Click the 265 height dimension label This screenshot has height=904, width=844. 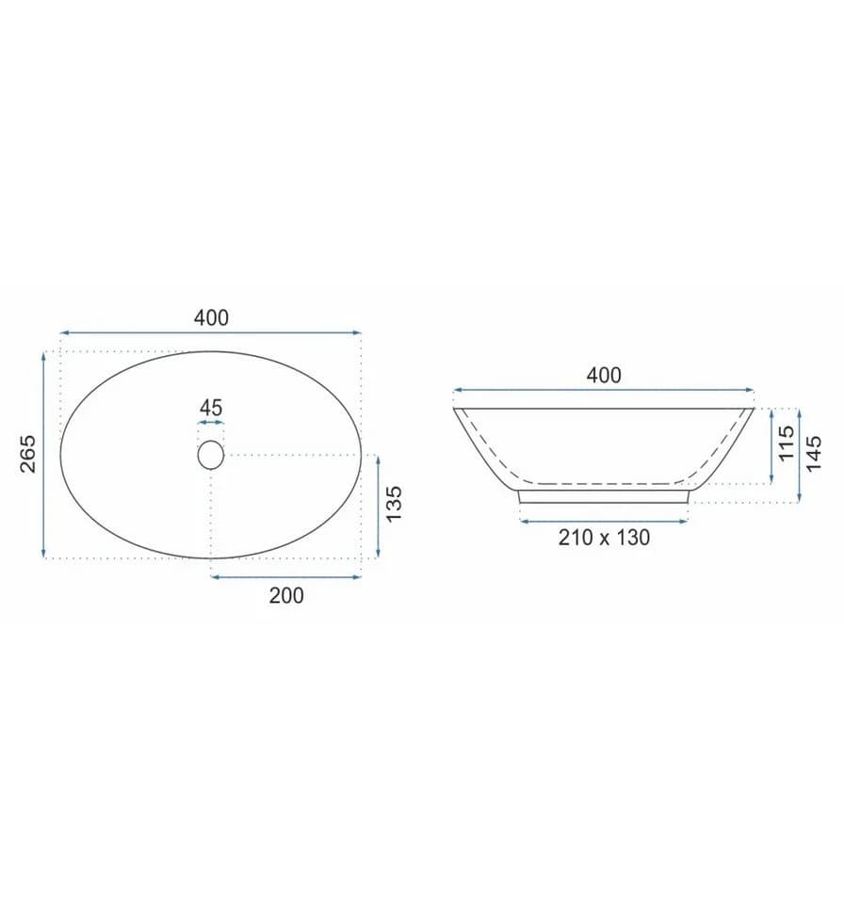pos(27,454)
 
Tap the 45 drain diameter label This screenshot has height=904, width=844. pos(211,408)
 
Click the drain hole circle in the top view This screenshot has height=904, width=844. pos(211,455)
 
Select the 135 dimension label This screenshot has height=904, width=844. pos(394,505)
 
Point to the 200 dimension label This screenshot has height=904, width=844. pos(286,595)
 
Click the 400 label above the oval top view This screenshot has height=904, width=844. pos(211,317)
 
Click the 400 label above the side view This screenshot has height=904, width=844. pos(604,376)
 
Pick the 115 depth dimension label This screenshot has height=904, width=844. pos(787,443)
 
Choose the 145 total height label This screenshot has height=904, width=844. pos(813,454)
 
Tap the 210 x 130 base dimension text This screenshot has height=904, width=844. pos(604,538)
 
